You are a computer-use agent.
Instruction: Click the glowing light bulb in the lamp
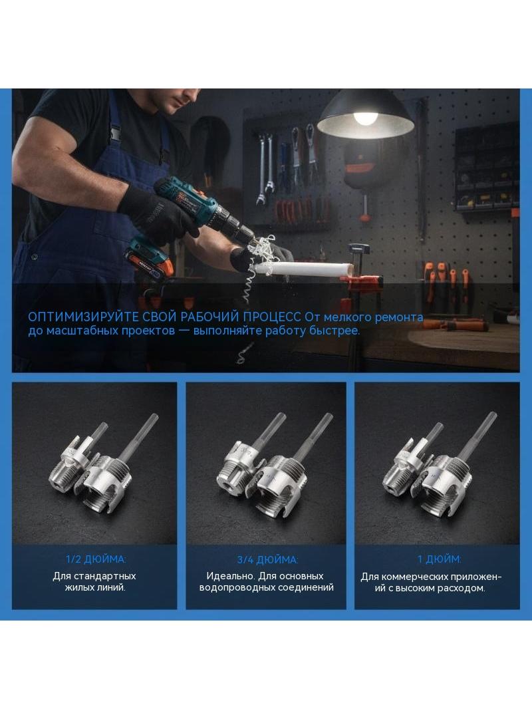365,118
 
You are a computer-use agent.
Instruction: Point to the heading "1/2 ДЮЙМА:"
96,559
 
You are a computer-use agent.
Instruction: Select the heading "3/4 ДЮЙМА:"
267,560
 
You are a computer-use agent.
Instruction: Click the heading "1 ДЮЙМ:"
439,559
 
